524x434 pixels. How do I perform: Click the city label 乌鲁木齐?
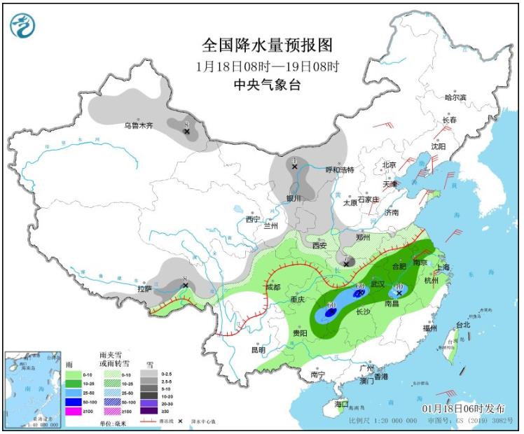tap(138, 126)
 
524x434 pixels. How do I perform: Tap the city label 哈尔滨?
tap(455, 98)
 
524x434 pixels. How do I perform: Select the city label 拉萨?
tap(144, 288)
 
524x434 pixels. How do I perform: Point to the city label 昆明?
tap(258, 349)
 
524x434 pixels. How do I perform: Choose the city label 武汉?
tap(378, 283)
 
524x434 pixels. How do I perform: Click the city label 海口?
tap(341, 405)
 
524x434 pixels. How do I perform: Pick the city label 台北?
tap(463, 325)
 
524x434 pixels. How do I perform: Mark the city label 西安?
tap(319, 246)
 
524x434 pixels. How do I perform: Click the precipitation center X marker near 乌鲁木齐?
tap(187, 131)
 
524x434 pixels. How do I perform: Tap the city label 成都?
tap(273, 287)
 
